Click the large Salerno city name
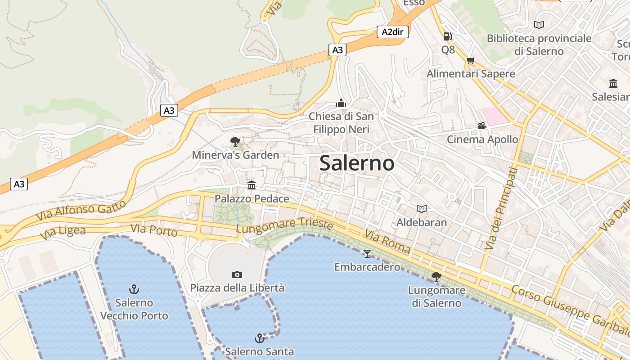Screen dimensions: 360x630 pos(357,163)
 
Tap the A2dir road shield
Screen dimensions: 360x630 pos(392,32)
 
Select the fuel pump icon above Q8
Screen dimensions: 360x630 pos(447,36)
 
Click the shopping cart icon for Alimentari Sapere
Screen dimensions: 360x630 pos(471,60)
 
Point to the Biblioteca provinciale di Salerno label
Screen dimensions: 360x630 pos(539,45)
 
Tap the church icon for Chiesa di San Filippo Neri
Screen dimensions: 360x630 pos(341,103)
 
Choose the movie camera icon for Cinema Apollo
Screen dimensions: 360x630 pos(482,126)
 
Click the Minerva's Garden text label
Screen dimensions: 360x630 pos(235,155)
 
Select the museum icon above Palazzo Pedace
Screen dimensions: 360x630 pos(252,185)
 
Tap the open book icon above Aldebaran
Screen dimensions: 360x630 pos(421,209)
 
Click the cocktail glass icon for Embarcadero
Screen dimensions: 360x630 pos(367,254)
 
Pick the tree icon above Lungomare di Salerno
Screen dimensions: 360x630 pos(436,277)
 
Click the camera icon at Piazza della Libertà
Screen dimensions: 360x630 pos(237,274)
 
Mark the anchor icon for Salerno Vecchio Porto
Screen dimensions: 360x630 pos(134,289)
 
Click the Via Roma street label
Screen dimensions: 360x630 pos(387,242)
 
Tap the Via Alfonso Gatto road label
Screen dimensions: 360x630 pos(81,210)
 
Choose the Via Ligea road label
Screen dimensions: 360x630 pos(63,233)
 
